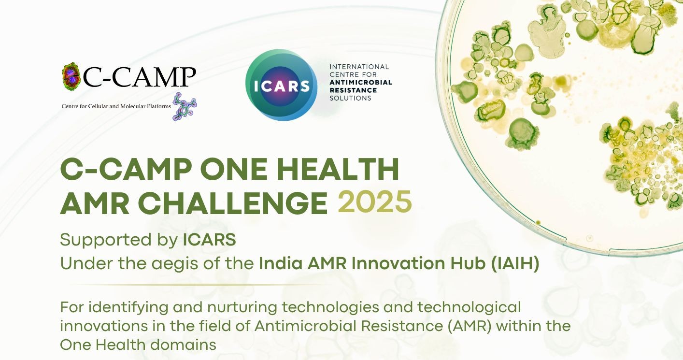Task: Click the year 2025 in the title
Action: click(x=375, y=202)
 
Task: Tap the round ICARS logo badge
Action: click(x=281, y=85)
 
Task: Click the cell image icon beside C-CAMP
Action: click(x=71, y=76)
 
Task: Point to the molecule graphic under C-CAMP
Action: click(x=185, y=106)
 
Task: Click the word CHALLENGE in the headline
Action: click(x=233, y=202)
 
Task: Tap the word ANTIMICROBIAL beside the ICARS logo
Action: click(x=361, y=82)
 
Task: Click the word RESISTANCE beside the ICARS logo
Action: click(x=353, y=90)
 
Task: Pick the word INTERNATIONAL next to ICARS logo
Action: click(x=359, y=67)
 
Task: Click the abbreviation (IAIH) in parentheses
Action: click(x=515, y=263)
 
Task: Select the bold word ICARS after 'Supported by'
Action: click(x=209, y=240)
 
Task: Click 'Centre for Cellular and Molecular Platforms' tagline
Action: click(x=116, y=106)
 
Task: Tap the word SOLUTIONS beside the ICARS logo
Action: click(x=350, y=98)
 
